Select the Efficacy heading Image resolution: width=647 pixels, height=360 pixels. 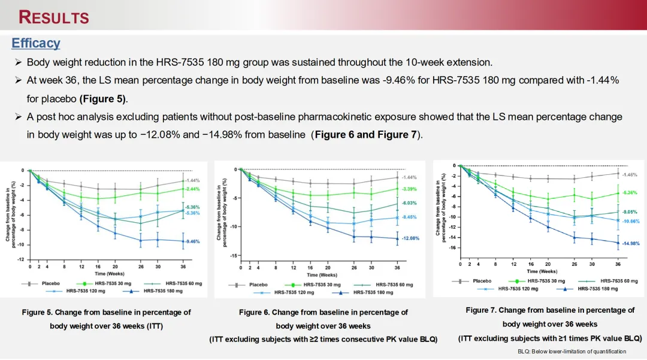tap(36, 43)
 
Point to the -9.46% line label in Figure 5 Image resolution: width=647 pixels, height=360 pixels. tap(192, 241)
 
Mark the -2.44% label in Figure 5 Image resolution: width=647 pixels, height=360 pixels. tap(192, 189)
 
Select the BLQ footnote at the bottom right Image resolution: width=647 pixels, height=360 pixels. tap(572, 351)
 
